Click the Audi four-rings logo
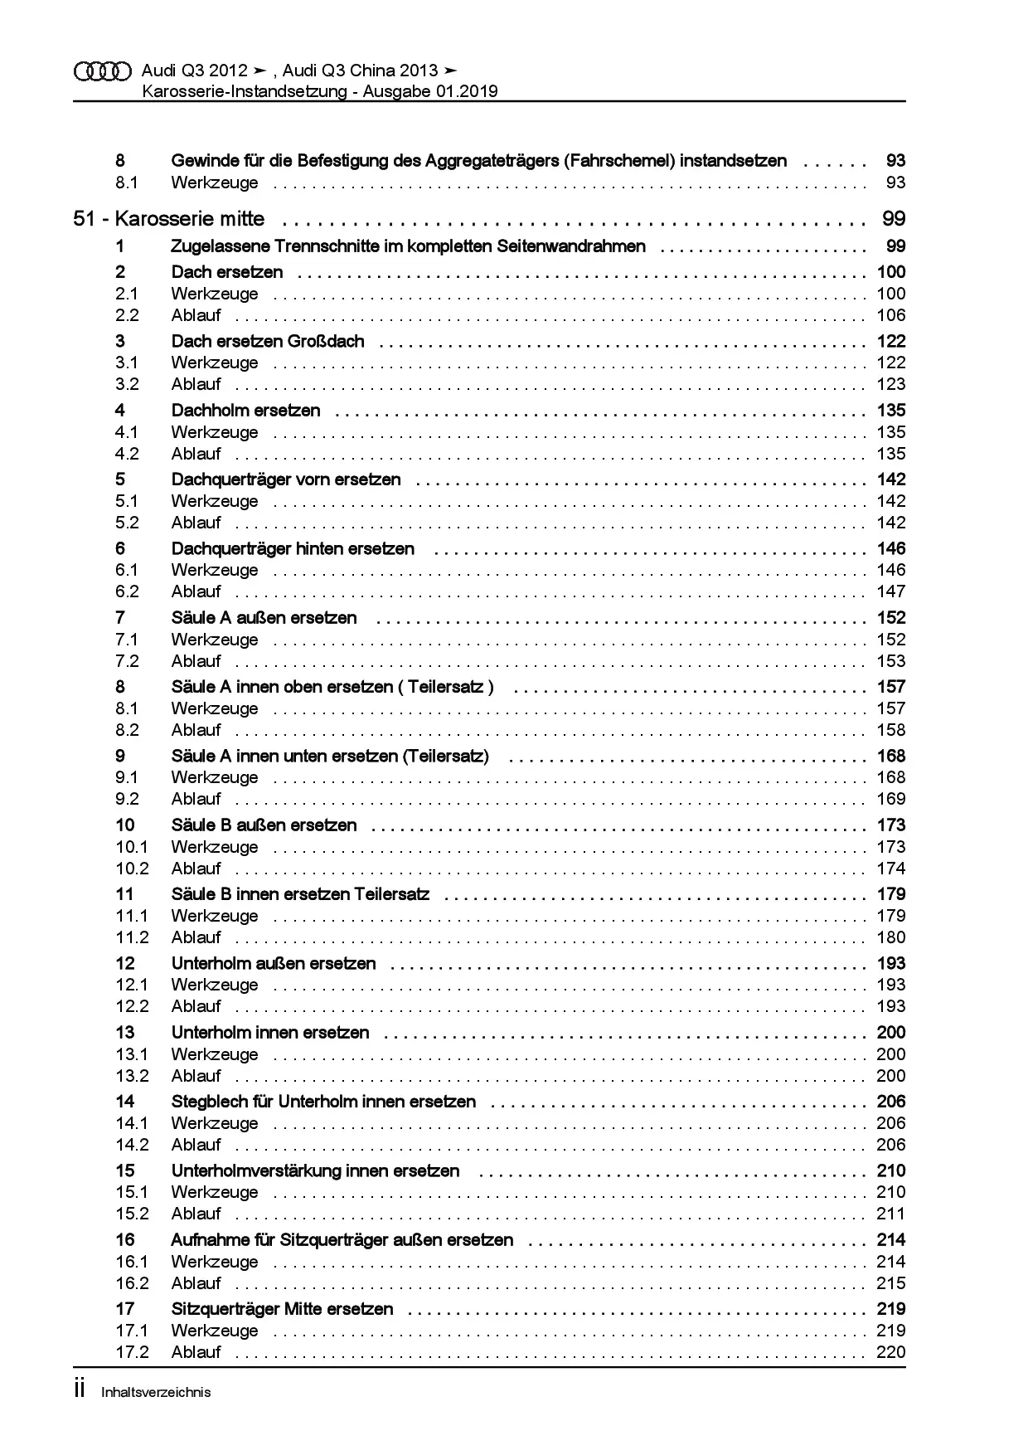(103, 71)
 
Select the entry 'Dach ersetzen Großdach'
(268, 341)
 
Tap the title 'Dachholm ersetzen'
(245, 410)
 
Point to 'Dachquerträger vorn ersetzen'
(286, 479)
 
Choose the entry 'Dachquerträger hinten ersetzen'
(293, 548)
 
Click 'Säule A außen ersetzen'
(264, 617)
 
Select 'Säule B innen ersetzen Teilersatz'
(300, 894)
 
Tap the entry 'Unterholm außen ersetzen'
(274, 963)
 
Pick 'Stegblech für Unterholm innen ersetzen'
(323, 1102)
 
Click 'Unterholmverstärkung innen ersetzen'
(315, 1170)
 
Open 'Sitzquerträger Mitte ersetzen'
(282, 1309)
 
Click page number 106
(891, 315)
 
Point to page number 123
(891, 384)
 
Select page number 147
(891, 591)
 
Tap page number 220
(891, 1352)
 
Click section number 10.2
(132, 869)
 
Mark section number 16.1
(132, 1262)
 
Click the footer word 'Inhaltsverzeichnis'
(156, 1393)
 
